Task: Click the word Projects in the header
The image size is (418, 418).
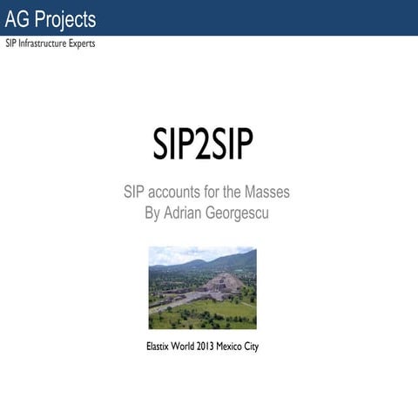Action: coord(66,19)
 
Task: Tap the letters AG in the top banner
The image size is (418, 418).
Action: coord(18,19)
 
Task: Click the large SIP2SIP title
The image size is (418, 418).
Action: coord(203,147)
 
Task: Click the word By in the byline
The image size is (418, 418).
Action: coord(152,212)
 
